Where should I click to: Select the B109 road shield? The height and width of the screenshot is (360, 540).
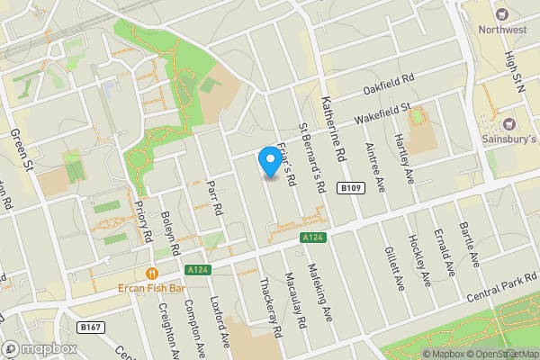click(x=352, y=188)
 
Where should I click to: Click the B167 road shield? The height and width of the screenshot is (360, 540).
click(x=89, y=327)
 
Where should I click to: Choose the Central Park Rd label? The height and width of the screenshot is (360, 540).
click(x=492, y=298)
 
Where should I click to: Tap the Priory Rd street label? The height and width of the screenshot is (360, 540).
click(x=142, y=220)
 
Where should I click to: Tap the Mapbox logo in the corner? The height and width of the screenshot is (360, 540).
click(x=40, y=348)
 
